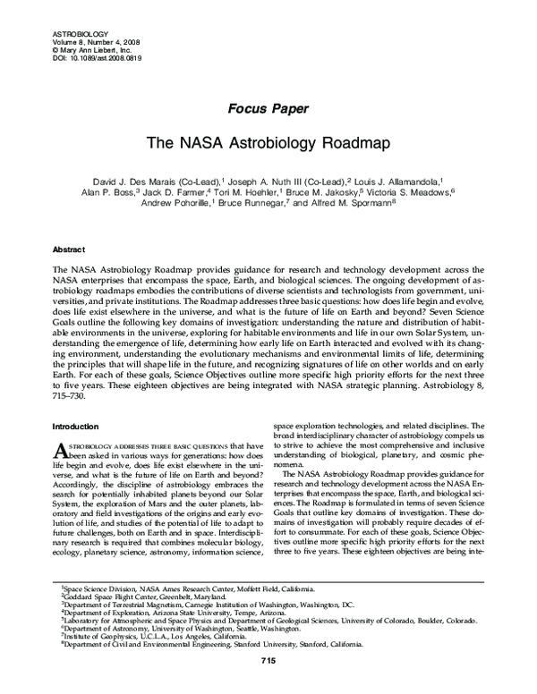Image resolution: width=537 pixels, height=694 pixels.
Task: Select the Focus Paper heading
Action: [x=268, y=110]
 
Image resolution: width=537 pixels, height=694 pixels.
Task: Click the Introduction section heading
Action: [x=78, y=426]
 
